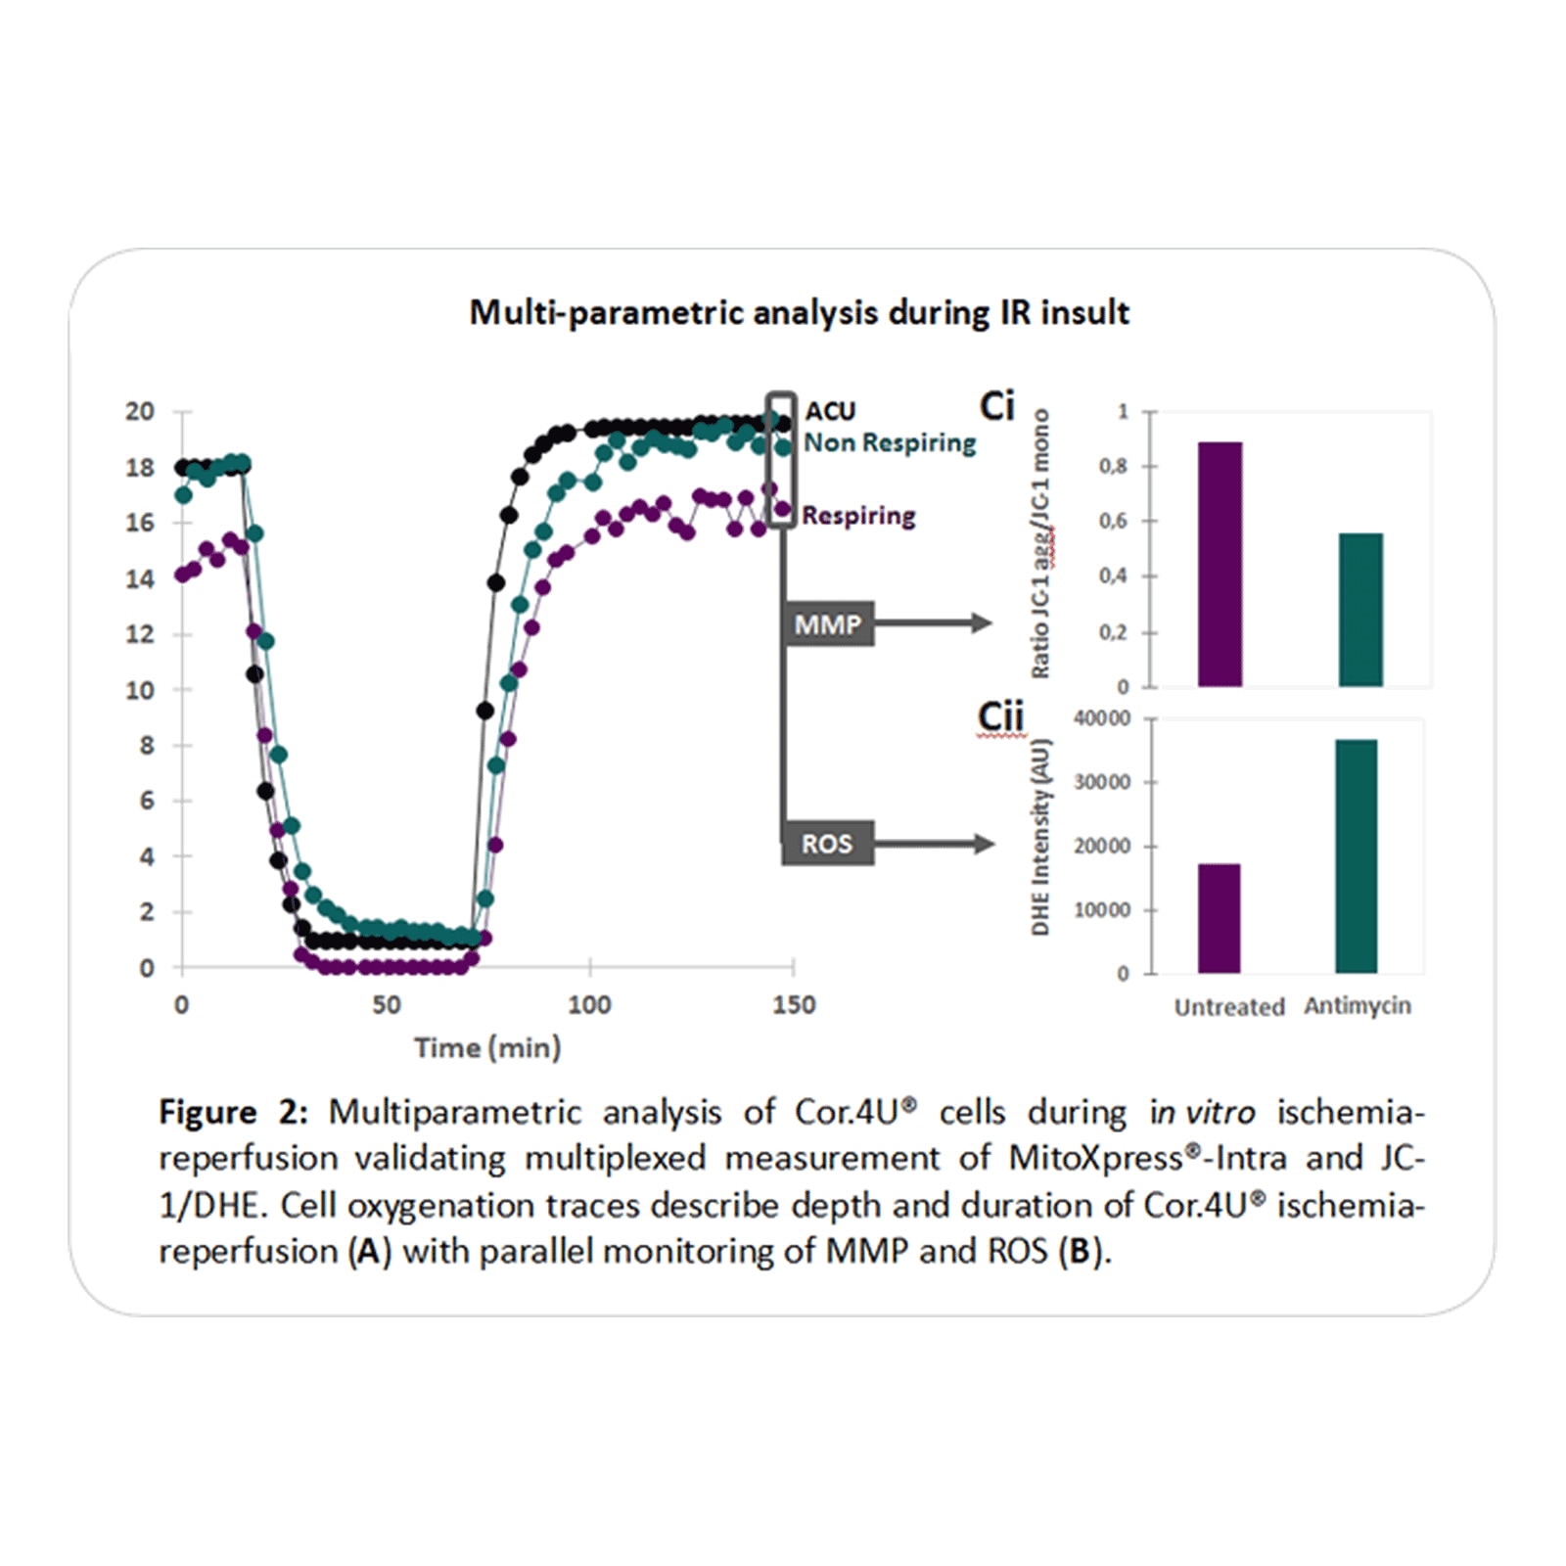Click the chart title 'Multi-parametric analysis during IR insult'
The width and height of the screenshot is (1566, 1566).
coord(799,312)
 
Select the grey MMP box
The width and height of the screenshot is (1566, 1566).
coord(828,624)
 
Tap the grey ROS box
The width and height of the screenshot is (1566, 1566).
coord(827,844)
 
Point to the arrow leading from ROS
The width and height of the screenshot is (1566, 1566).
coord(934,843)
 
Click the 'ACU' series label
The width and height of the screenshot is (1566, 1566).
coord(830,411)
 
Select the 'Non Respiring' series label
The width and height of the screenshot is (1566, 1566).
coord(890,442)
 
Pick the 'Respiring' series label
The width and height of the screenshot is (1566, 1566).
coord(858,515)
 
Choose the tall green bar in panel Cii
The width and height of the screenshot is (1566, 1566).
coord(1356,856)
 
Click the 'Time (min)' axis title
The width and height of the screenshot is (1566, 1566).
coord(487,1047)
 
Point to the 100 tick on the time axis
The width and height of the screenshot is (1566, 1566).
coord(589,1004)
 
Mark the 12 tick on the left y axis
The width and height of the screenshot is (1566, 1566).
coord(140,634)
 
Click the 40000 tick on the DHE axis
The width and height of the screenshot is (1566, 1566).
coord(1101,718)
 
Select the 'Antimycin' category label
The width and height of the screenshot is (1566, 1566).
coord(1357,1005)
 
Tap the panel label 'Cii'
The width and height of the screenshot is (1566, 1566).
coord(1000,716)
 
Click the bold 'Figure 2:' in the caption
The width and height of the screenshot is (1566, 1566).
coord(233,1112)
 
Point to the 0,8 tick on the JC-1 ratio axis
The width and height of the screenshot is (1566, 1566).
coord(1113,466)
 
